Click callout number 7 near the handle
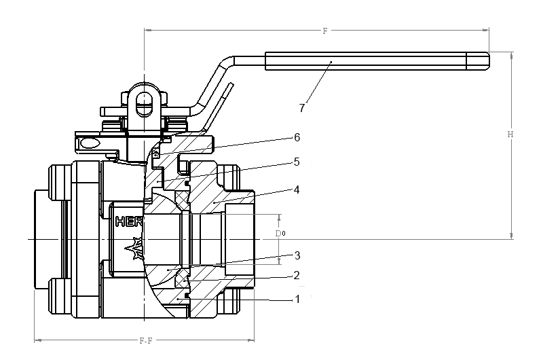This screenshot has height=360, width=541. click(x=301, y=107)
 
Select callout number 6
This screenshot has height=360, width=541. click(x=296, y=137)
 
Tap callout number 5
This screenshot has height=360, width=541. click(x=296, y=162)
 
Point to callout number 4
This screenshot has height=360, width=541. click(x=296, y=190)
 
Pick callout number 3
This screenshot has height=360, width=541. click(x=296, y=255)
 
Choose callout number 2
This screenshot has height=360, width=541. click(x=296, y=276)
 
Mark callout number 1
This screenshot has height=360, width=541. click(x=296, y=299)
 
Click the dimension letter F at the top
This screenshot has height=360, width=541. click(x=324, y=31)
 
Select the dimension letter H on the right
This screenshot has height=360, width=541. click(x=510, y=134)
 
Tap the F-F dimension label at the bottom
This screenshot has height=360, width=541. click(x=144, y=340)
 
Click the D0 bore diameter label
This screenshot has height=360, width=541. click(x=279, y=234)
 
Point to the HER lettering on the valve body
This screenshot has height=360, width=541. click(x=128, y=221)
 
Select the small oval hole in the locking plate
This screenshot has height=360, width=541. click(x=88, y=143)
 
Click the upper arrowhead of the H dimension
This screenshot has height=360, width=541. click(x=511, y=54)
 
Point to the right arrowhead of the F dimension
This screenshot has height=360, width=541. click(x=486, y=29)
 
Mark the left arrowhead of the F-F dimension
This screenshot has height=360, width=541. click(x=37, y=338)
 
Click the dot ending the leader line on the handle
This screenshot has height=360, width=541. click(x=331, y=62)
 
